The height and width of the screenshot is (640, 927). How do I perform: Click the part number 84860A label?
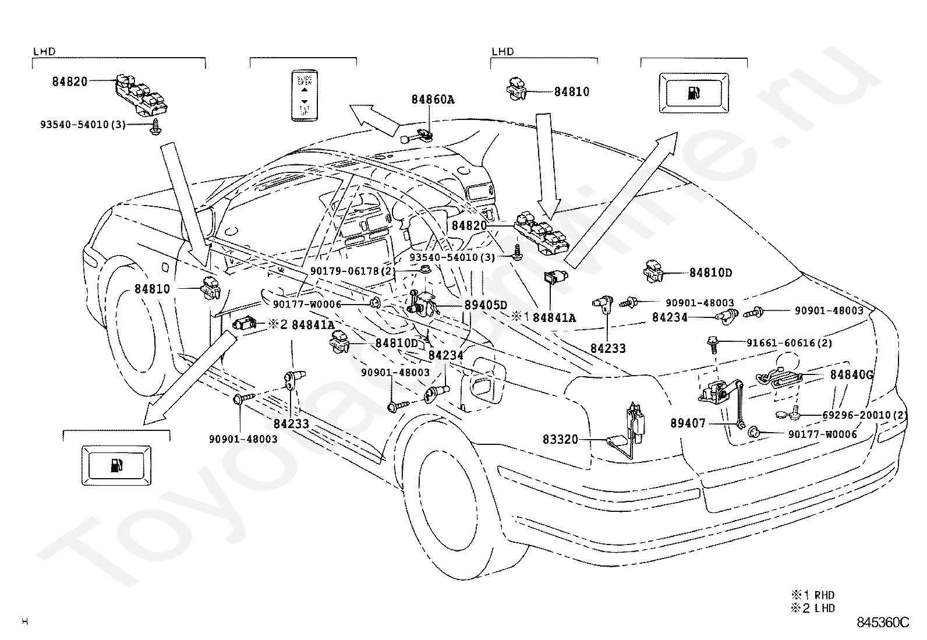(433, 100)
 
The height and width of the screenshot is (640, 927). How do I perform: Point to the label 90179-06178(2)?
(353, 271)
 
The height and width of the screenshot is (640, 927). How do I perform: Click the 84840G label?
(851, 375)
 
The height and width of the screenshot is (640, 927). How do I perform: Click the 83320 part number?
(561, 439)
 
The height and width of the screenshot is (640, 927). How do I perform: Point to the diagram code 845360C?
(882, 623)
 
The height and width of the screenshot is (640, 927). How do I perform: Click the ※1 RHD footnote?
(812, 595)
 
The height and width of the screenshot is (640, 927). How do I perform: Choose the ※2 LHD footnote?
(812, 608)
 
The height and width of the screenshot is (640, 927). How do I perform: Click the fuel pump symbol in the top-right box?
(694, 93)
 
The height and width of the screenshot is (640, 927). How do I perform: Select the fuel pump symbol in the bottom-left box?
(116, 465)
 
